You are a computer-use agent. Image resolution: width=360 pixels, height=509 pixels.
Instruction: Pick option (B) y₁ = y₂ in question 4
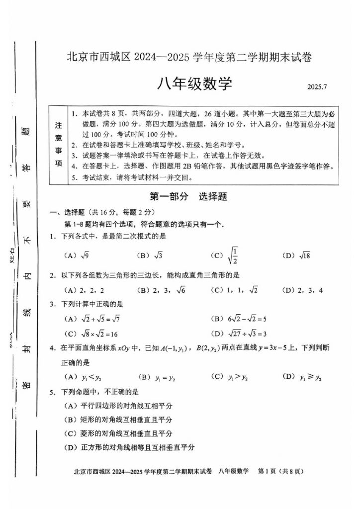point(157,377)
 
